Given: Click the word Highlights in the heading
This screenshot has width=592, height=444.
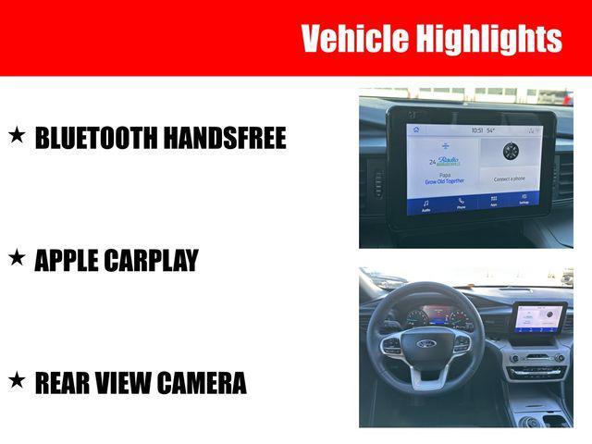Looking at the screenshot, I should tap(488, 39).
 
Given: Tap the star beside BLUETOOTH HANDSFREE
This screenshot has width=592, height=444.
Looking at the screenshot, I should tap(17, 136).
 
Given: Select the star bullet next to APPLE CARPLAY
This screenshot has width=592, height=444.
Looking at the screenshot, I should tap(17, 259).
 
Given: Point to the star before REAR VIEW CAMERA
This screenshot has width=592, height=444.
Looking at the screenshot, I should tap(17, 380).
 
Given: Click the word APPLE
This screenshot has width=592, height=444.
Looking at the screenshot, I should tap(68, 261).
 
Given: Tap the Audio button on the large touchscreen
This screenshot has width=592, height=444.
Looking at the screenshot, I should tap(425, 203).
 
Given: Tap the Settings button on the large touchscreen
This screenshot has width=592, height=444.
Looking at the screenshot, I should tap(524, 199).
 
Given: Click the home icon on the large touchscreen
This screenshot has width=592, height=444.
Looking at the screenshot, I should tap(416, 129).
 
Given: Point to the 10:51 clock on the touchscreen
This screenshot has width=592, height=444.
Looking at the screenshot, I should tap(476, 130).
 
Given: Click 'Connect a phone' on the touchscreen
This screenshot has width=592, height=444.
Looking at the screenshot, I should tap(509, 179).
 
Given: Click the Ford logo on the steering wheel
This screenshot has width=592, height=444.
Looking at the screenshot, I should tap(425, 343).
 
